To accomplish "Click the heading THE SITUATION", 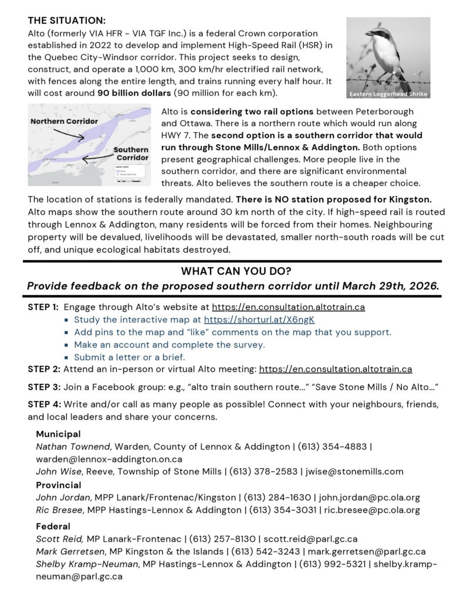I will coord(67,21).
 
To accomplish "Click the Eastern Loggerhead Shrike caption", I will coord(388,94).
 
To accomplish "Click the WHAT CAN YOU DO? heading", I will coord(232,271).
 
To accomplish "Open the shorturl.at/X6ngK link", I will coord(259,320).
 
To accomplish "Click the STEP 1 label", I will coord(43,307).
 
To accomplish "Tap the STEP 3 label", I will coord(43,387).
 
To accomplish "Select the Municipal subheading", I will coord(59,434).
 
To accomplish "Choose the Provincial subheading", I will coord(59,485).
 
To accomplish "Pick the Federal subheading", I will coord(53,526).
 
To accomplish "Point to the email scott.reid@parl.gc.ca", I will coord(310,539).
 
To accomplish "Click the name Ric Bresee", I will coord(60,509).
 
